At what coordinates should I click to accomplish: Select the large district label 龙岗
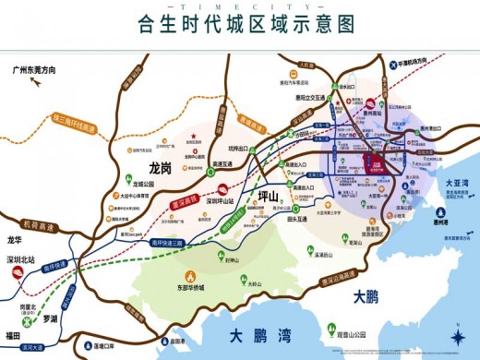click(161, 169)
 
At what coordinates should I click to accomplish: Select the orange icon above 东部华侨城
click(190, 275)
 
